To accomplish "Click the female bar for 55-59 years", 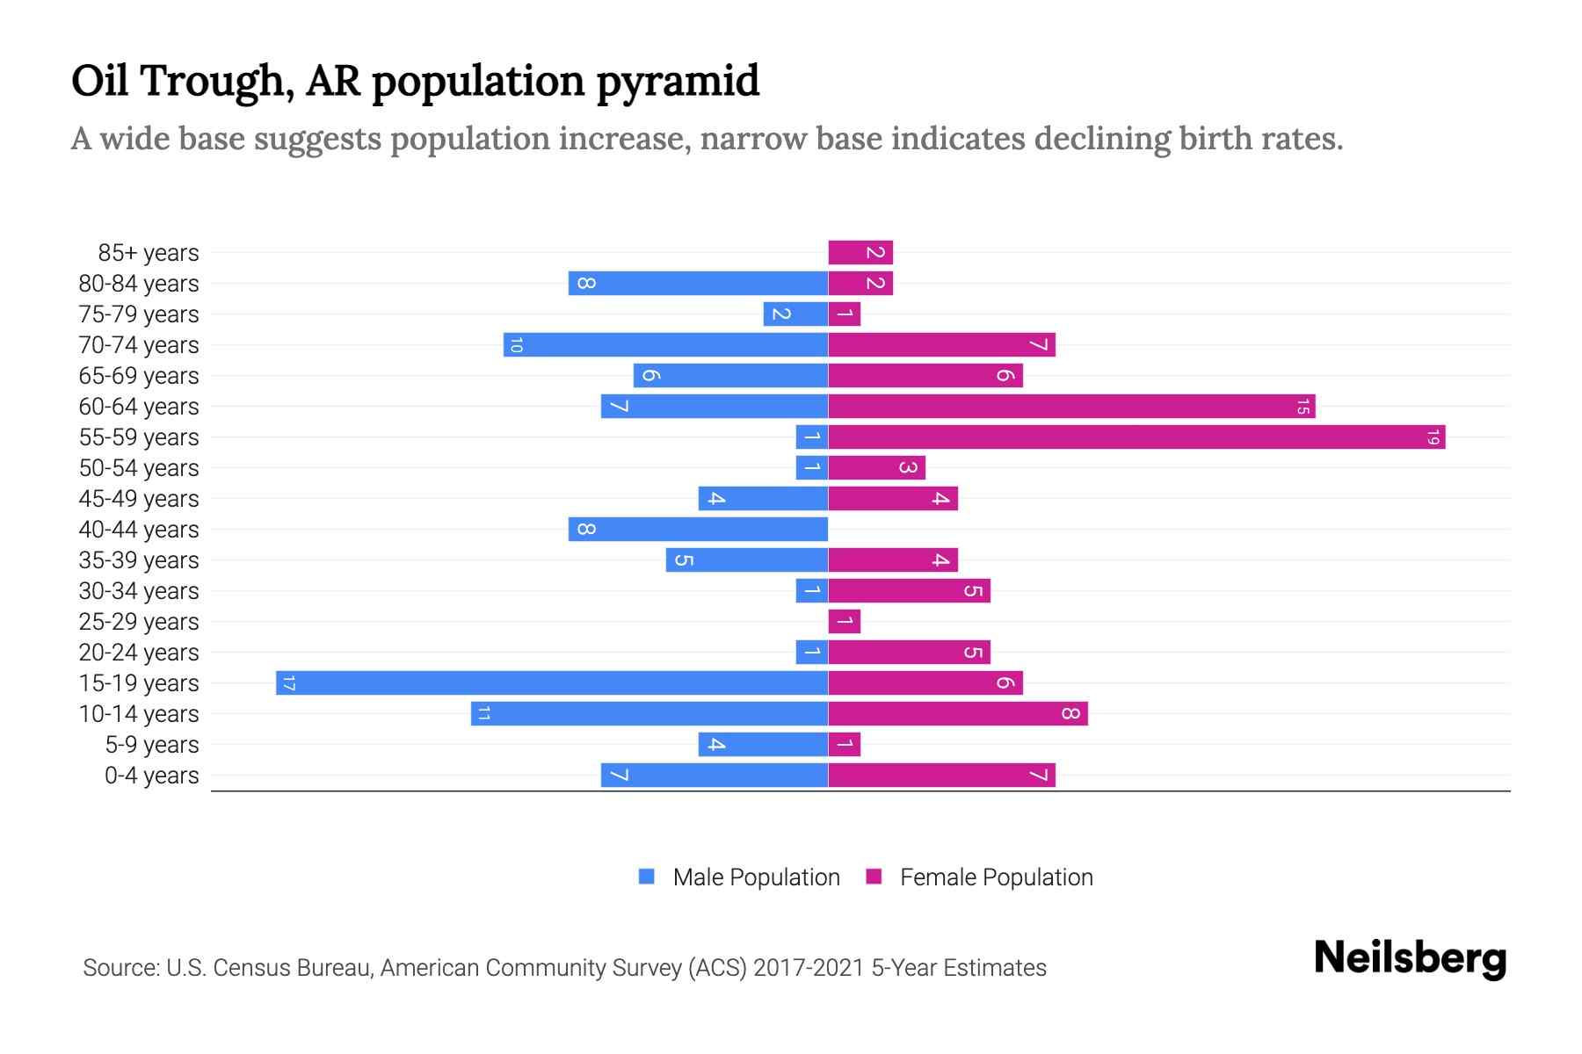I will pos(1136,437).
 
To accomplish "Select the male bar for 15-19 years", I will pos(552,683).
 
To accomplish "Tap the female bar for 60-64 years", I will pos(1070,407).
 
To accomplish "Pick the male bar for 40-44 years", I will pos(698,530).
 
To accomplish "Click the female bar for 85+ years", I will pos(860,253).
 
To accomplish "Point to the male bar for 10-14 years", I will pos(649,714).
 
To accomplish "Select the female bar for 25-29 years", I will pos(844,622).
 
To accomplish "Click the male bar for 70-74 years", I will pos(665,345).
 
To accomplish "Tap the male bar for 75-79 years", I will pos(795,314).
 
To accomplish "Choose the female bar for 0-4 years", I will pos(940,776).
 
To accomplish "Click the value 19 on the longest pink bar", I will pos(1433,437).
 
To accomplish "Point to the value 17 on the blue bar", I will pos(289,683).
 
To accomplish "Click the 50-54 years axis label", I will pos(139,468).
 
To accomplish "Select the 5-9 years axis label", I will pos(151,745).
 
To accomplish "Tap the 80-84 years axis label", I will pos(139,284).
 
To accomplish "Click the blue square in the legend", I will pos(647,877).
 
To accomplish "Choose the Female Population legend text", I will pos(996,877).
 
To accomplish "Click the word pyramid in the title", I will pos(678,82).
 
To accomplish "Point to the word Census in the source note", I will pos(251,968).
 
